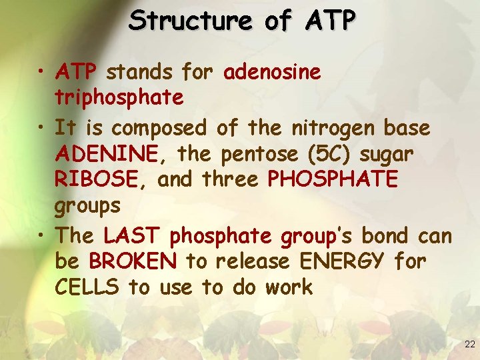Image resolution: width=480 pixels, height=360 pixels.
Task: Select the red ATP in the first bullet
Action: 77,71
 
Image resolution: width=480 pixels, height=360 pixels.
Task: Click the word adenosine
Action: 273,71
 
